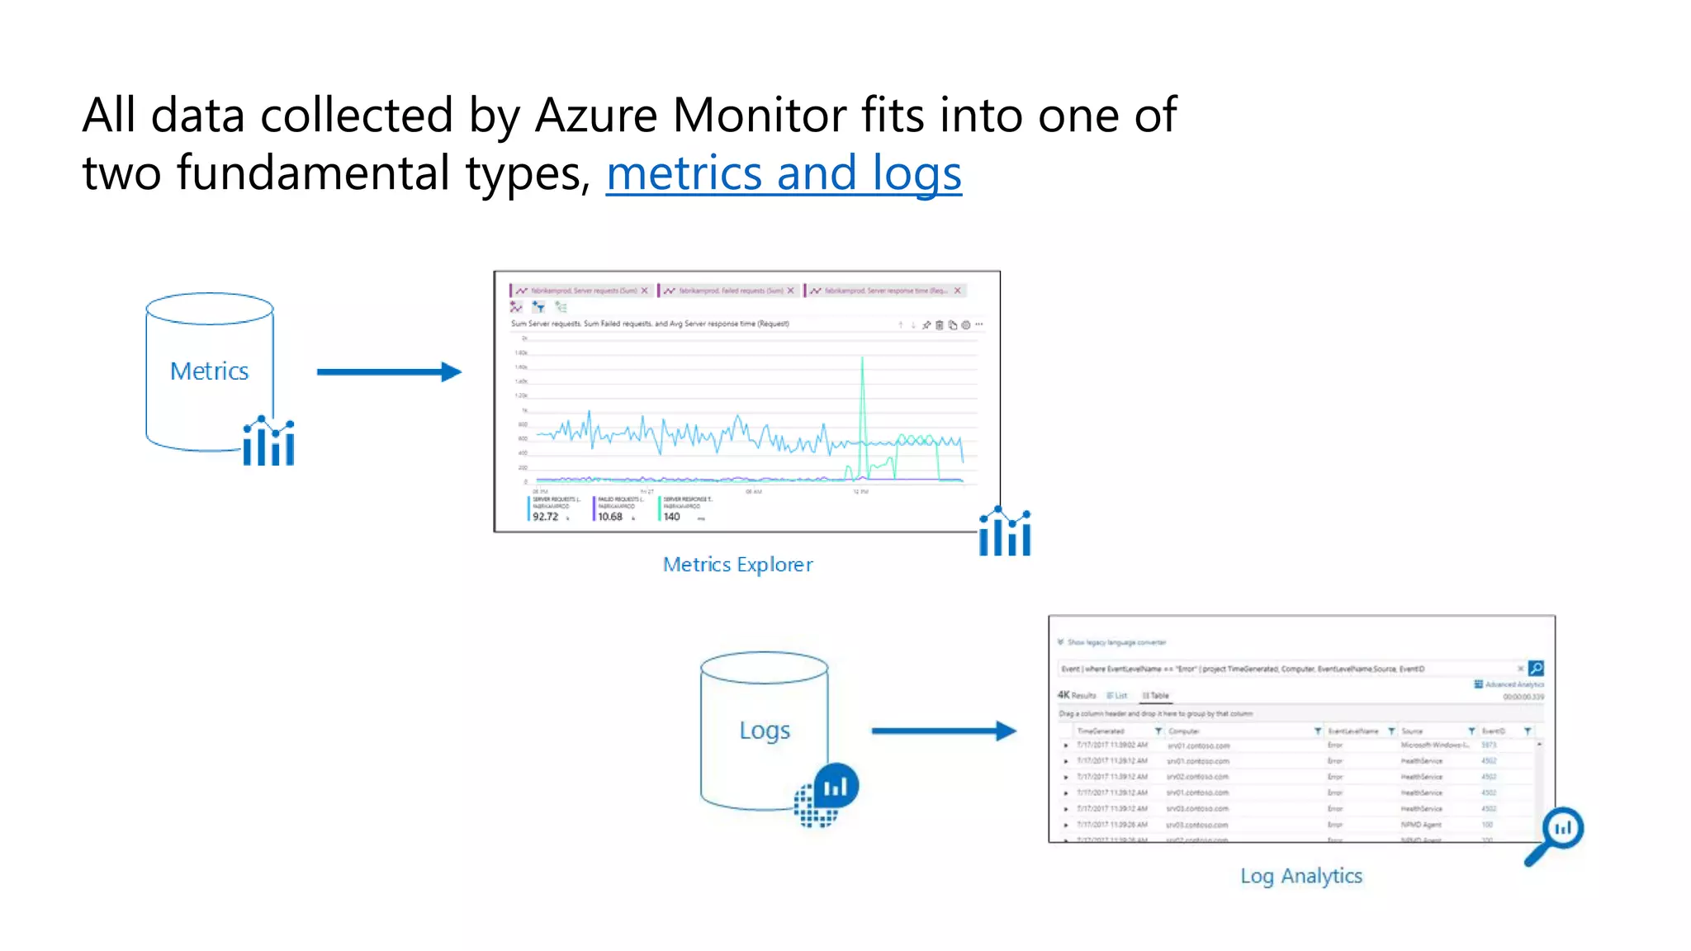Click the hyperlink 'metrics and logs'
783,173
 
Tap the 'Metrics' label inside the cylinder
209,371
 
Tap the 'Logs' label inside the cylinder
764,731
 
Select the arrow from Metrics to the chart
388,372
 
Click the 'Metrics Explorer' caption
737,565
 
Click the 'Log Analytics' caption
1300,876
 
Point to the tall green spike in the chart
862,388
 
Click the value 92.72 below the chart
545,517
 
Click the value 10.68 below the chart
610,517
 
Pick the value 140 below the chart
671,517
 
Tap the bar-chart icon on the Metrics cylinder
268,442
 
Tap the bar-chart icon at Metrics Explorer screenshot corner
1004,532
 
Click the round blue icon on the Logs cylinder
835,787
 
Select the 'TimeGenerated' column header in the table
1101,731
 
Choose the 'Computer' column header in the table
1183,731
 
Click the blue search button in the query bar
1536,668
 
